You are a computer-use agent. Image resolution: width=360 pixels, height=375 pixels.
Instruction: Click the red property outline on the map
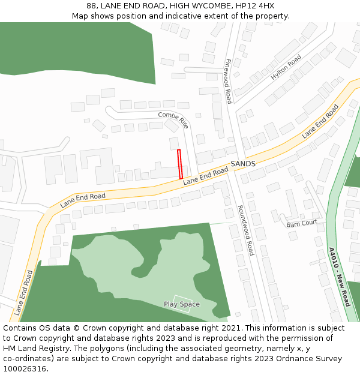pyautogui.click(x=180, y=164)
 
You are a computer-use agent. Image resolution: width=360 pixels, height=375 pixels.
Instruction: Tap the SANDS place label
pyautogui.click(x=243, y=164)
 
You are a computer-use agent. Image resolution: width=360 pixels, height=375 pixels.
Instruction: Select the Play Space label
pyautogui.click(x=182, y=304)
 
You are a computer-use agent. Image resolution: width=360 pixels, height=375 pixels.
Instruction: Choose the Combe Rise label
pyautogui.click(x=173, y=119)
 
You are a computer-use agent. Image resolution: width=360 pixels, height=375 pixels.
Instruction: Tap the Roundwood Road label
pyautogui.click(x=245, y=230)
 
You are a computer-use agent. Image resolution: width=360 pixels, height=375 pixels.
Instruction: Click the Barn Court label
pyautogui.click(x=302, y=223)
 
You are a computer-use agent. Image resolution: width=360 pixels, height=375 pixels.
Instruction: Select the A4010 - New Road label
pyautogui.click(x=339, y=277)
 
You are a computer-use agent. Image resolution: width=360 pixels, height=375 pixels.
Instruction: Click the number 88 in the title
pyautogui.click(x=91, y=6)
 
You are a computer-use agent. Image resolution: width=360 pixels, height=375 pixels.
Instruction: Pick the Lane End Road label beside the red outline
pyautogui.click(x=206, y=176)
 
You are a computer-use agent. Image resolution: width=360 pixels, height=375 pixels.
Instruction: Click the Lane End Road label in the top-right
pyautogui.click(x=320, y=121)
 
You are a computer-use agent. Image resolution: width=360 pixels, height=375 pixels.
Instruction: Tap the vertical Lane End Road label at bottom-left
pyautogui.click(x=24, y=293)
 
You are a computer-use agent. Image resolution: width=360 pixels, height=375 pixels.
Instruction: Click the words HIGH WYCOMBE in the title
pyautogui.click(x=197, y=6)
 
